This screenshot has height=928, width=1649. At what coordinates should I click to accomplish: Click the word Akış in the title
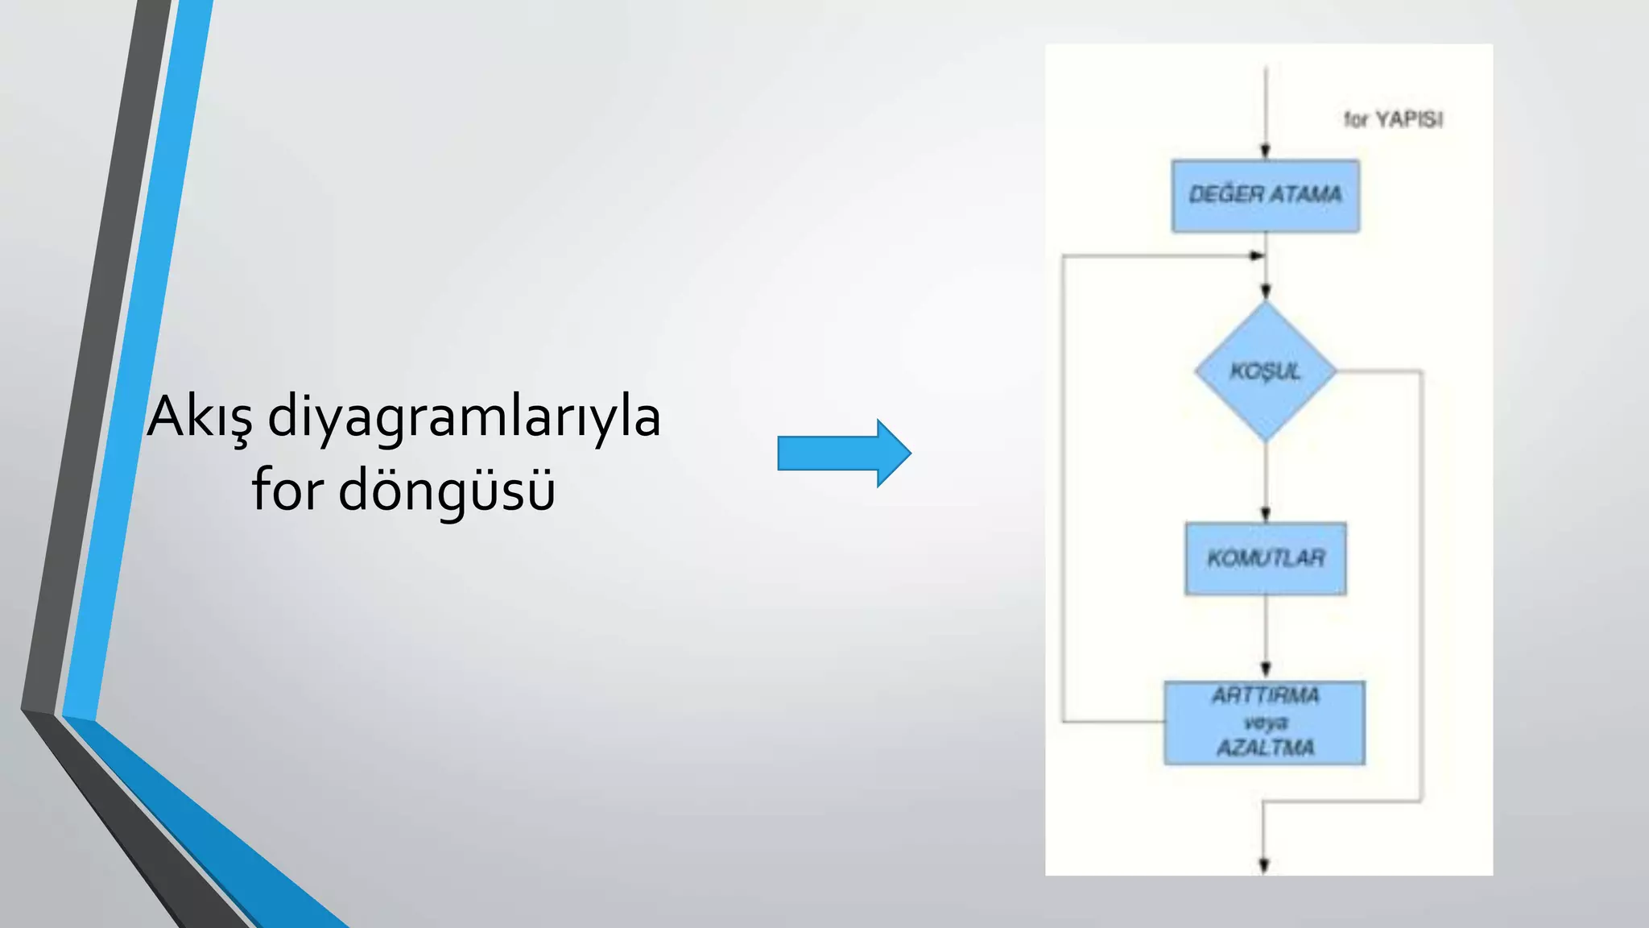pos(200,417)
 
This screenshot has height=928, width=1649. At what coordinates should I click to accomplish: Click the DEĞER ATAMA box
pos(1265,196)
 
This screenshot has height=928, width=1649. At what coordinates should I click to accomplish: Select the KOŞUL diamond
pos(1265,371)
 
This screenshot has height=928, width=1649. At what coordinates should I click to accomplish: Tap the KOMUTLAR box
pos(1265,558)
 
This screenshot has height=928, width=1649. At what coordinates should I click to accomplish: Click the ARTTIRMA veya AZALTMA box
pos(1264,723)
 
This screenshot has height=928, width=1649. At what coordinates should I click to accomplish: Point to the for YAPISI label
pos(1393,120)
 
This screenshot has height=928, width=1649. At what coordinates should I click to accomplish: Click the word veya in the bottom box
pos(1265,722)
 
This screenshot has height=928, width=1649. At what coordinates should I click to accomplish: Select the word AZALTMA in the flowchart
pos(1265,748)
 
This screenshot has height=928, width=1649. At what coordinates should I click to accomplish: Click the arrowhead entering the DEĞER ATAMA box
pos(1265,151)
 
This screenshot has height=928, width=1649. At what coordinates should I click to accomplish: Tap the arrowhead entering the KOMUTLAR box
pos(1265,514)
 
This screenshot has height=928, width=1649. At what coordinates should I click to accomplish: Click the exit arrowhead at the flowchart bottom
pos(1263,865)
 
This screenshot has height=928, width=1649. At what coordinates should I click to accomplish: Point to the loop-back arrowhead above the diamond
pos(1257,256)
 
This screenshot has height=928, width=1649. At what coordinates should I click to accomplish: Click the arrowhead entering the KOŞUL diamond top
pos(1265,292)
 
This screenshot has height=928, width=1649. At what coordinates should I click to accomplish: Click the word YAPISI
pos(1409,120)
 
